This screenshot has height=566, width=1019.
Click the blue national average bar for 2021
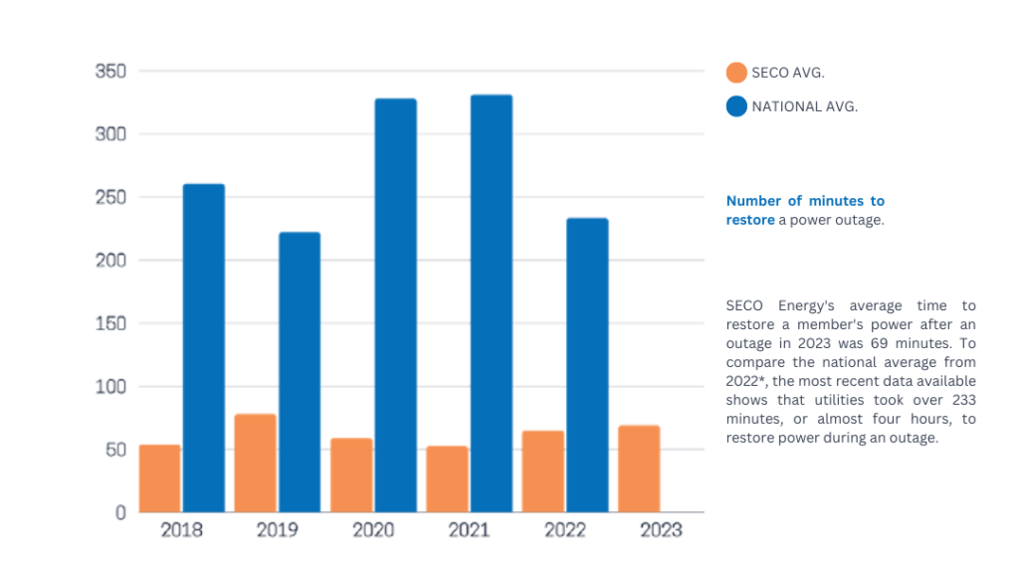pos(492,303)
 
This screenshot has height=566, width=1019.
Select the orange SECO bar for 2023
pos(639,469)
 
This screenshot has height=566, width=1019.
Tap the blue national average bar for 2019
pos(300,372)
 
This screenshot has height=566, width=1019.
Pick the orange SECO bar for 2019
pos(256,463)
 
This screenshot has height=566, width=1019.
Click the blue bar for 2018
pos(204,348)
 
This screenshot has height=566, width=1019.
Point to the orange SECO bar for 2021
pos(447,478)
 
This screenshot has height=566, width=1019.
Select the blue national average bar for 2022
pos(587,365)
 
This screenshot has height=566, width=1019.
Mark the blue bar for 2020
pos(395,305)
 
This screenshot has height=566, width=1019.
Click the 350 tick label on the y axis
pos(109,72)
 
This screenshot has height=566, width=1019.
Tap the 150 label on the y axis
pos(109,323)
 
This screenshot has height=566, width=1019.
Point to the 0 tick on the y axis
pos(120,512)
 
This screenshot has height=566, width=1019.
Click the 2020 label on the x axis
pos(373,530)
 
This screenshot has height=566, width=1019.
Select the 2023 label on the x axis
pos(661,530)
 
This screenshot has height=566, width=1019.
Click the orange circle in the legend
pos(736,73)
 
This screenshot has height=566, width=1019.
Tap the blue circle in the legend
pos(736,106)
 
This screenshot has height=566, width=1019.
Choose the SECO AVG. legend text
pos(788,73)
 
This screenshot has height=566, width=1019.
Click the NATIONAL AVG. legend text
pos(804,106)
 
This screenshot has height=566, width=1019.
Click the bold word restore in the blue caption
pos(750,220)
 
